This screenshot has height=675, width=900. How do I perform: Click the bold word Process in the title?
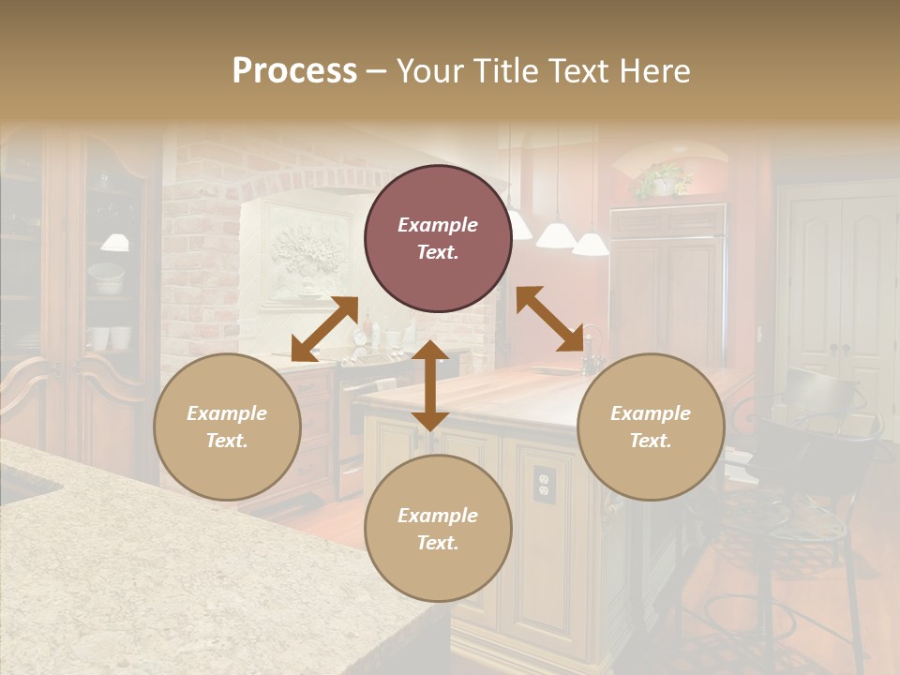[294, 71]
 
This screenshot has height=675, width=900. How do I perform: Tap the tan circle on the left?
[227, 427]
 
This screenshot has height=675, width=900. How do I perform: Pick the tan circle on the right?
[651, 427]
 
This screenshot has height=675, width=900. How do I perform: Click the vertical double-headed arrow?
[430, 385]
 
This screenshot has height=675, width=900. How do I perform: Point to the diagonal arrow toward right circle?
[550, 319]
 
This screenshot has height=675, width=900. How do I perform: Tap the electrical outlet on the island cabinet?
[544, 482]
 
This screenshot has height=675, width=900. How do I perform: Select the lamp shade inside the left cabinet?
[115, 242]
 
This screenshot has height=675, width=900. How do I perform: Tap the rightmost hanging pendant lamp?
[591, 245]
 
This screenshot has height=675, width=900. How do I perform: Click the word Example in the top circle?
[438, 225]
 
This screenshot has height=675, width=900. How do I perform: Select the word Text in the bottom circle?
[438, 543]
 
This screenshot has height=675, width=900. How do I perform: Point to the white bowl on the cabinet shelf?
[106, 278]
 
